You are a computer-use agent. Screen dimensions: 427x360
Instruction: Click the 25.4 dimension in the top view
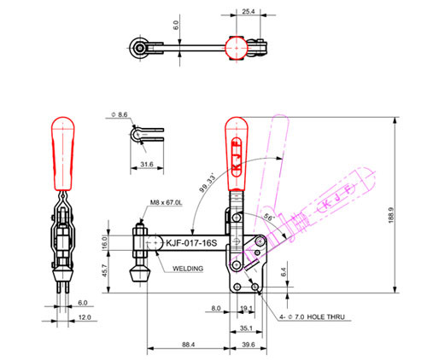[249, 11]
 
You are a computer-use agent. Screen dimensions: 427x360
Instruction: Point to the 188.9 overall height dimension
[391, 215]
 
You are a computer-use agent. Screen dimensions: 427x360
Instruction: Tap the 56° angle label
[269, 218]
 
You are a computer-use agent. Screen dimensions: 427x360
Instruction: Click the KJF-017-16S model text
[191, 243]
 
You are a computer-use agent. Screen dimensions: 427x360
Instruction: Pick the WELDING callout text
[188, 269]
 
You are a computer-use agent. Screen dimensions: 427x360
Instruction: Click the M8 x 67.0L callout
[167, 203]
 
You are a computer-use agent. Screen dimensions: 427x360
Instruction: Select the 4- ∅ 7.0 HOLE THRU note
[312, 316]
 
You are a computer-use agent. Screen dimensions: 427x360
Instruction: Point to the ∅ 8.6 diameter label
[120, 114]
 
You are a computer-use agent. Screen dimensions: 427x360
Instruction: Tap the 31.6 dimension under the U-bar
[147, 164]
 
